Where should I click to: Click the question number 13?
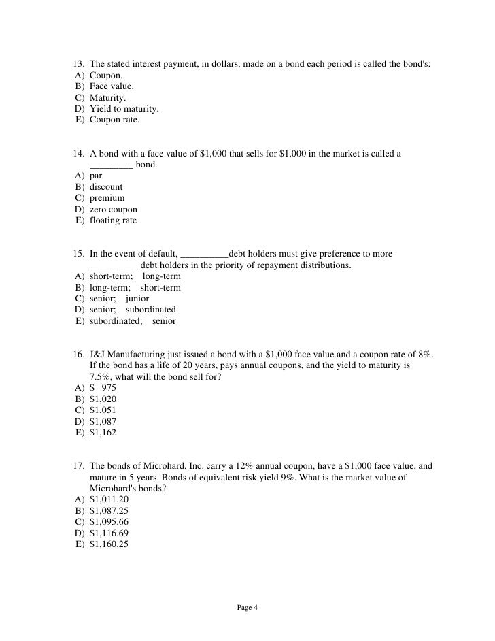pyautogui.click(x=78, y=64)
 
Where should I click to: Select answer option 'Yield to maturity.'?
pyautogui.click(x=124, y=109)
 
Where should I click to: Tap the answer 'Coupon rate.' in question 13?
pyautogui.click(x=115, y=120)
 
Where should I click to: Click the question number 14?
pyautogui.click(x=78, y=154)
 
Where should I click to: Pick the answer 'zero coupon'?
pyautogui.click(x=113, y=210)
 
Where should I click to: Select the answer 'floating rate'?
pyautogui.click(x=113, y=220)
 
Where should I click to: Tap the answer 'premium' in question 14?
pyautogui.click(x=107, y=198)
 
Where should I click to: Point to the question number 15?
pyautogui.click(x=78, y=254)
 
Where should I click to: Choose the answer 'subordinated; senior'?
pyautogui.click(x=133, y=321)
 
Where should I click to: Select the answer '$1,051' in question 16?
pyautogui.click(x=103, y=410)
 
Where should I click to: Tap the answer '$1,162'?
pyautogui.click(x=103, y=432)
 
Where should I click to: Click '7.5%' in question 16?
pyautogui.click(x=99, y=376)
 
